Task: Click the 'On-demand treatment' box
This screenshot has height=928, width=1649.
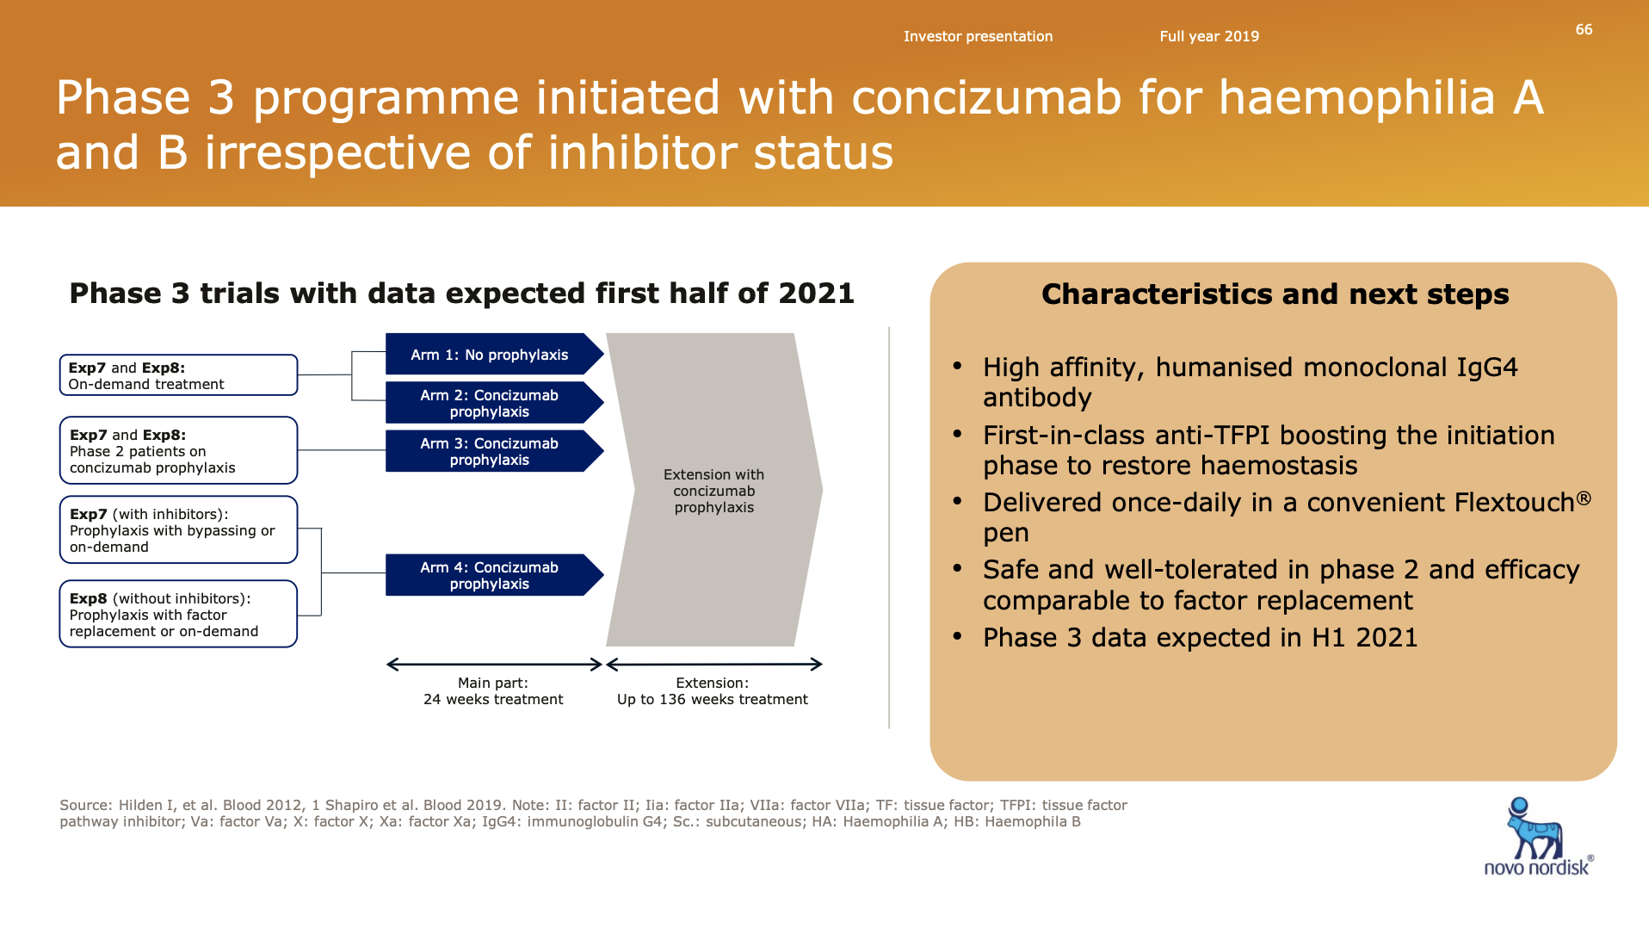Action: [x=178, y=375]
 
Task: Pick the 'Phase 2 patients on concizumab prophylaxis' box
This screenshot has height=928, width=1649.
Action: [x=178, y=450]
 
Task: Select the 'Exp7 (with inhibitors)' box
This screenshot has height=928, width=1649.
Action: [x=178, y=529]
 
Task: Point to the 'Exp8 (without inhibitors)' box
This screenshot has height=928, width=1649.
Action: [x=178, y=614]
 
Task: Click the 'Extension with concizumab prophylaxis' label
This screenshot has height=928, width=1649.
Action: [x=713, y=491]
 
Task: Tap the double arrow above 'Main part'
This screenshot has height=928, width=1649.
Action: [x=494, y=665]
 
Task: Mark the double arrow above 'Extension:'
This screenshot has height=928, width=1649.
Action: [x=714, y=665]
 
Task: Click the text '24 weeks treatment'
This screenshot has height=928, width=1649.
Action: [x=493, y=699]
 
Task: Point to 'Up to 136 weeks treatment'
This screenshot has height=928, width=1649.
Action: [x=713, y=699]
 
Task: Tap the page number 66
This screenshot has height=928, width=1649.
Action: [x=1584, y=29]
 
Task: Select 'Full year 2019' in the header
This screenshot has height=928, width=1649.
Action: [x=1209, y=36]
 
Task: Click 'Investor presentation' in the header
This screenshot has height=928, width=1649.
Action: [x=978, y=36]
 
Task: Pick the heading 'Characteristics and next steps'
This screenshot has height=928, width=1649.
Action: [x=1275, y=294]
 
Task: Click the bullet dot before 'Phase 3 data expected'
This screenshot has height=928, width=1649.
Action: [x=957, y=636]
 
